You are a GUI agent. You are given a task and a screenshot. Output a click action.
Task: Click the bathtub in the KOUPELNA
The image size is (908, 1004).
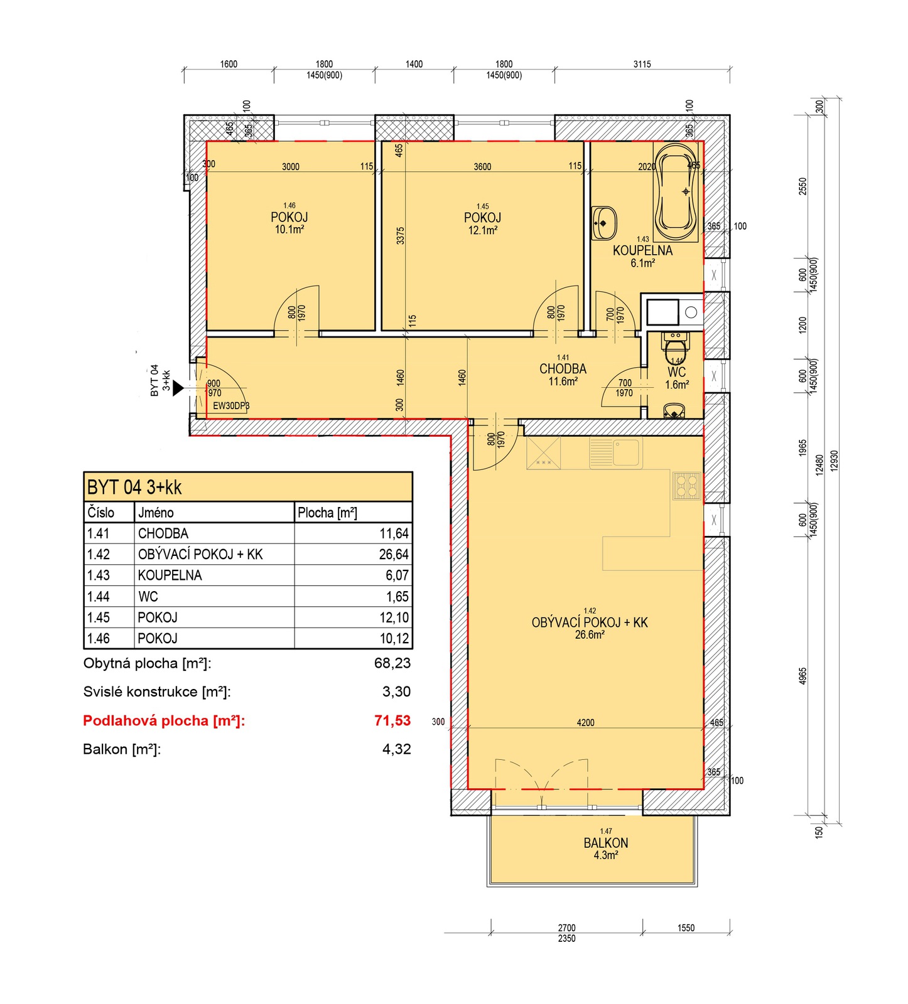click(x=675, y=191)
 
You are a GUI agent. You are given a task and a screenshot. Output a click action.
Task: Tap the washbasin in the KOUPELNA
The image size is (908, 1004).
click(x=603, y=223)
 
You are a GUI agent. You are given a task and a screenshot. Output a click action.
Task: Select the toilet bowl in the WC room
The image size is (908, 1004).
click(x=676, y=348)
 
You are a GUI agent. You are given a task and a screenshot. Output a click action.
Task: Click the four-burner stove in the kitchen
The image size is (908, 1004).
click(x=687, y=485)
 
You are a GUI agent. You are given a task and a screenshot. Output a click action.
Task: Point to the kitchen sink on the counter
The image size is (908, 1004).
click(x=616, y=452)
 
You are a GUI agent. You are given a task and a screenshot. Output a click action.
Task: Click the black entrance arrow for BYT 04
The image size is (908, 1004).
click(x=178, y=388)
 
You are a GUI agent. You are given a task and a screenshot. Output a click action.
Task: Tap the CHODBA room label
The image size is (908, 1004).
click(x=563, y=369)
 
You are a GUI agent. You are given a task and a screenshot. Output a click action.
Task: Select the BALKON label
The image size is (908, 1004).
click(x=605, y=843)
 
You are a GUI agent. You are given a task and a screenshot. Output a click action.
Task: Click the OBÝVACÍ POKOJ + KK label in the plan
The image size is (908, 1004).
click(x=590, y=622)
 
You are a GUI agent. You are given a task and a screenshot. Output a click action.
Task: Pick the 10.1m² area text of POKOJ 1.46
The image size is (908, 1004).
click(x=289, y=230)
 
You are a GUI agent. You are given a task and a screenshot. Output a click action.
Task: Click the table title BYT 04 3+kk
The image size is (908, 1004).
click(x=134, y=487)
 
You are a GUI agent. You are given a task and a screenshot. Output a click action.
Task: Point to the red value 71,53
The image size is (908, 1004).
click(x=392, y=720)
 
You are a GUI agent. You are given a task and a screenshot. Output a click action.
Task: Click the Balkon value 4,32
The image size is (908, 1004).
click(x=397, y=749)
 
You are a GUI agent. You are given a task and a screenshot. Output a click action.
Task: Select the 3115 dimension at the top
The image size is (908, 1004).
click(x=642, y=64)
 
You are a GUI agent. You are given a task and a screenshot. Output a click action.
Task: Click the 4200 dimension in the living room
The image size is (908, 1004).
click(x=585, y=723)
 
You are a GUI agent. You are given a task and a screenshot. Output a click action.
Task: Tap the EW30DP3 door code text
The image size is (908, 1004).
click(x=231, y=405)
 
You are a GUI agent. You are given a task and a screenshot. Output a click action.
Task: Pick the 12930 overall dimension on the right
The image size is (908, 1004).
click(x=834, y=461)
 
